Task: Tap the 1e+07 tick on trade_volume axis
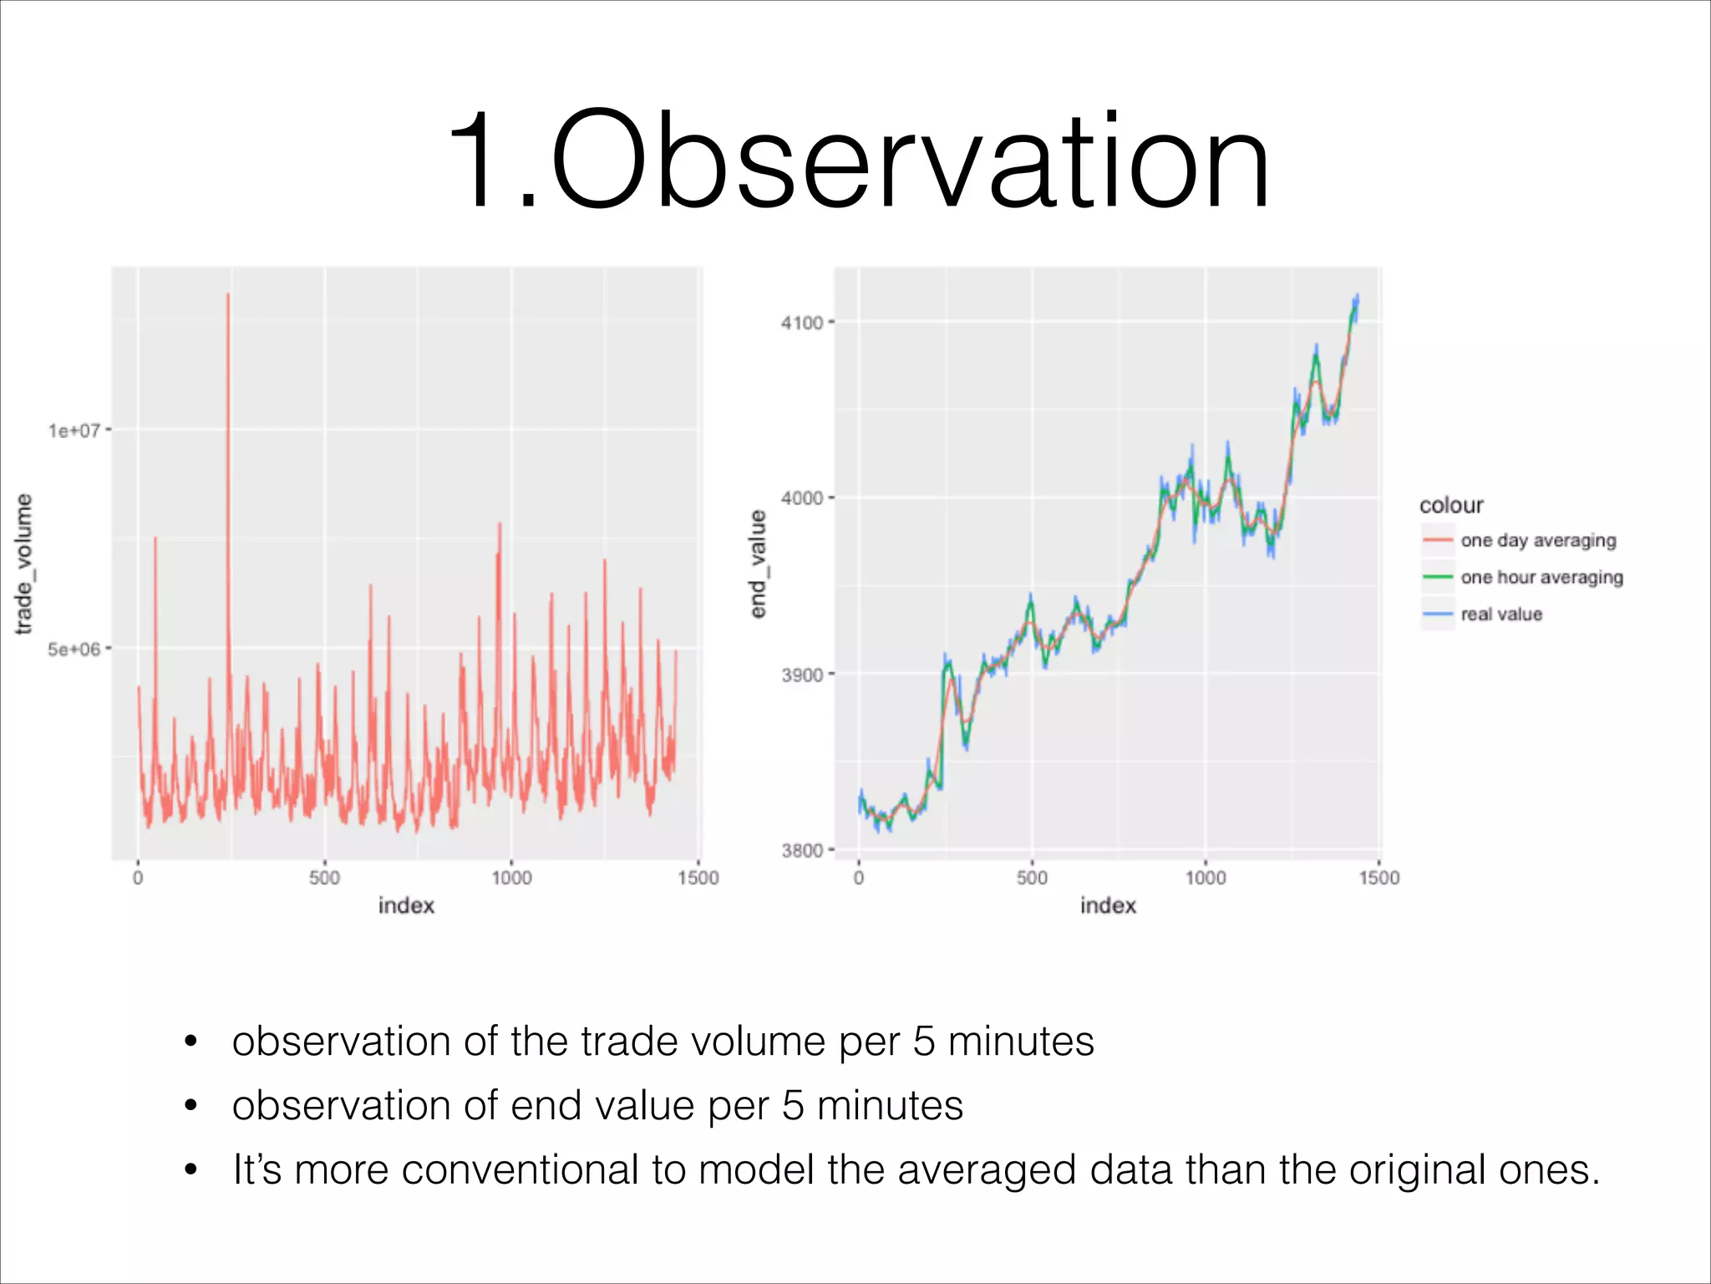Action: [74, 431]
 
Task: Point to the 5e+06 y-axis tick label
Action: [74, 650]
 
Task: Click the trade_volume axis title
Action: [24, 563]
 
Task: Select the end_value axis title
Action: [758, 563]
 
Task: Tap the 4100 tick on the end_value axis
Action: [802, 323]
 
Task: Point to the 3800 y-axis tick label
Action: [802, 851]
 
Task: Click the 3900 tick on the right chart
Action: [802, 675]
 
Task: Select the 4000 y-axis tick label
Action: [802, 498]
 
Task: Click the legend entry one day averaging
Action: [1537, 541]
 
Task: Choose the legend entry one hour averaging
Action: [1541, 578]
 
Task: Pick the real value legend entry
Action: [1500, 614]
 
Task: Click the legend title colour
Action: [1451, 505]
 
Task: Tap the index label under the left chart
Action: [406, 906]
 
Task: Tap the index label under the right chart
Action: [1108, 906]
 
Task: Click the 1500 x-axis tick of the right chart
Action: [1378, 878]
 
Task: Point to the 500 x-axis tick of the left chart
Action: [324, 878]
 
